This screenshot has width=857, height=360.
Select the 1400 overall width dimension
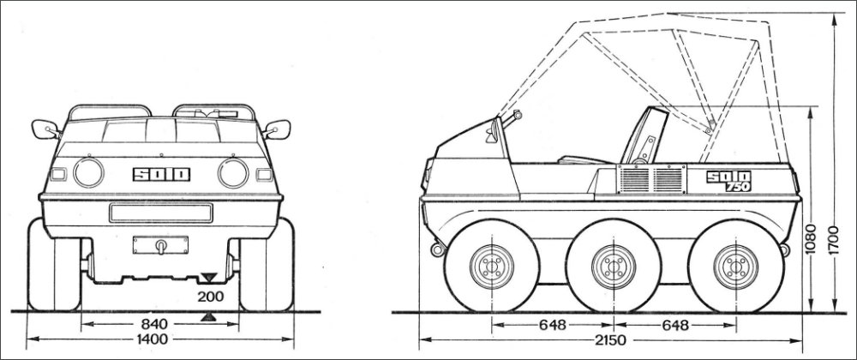[x=153, y=339]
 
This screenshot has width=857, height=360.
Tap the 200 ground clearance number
[x=211, y=297]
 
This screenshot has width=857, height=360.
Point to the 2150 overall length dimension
[x=610, y=339]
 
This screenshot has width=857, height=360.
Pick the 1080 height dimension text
[x=811, y=239]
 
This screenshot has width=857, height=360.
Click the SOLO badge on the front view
[x=162, y=174]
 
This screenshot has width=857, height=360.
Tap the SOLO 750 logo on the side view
[x=728, y=181]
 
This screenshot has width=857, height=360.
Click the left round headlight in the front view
[x=88, y=172]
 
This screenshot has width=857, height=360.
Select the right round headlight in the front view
[x=233, y=173]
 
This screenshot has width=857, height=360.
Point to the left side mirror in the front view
[x=45, y=129]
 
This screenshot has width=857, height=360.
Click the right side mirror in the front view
[x=278, y=129]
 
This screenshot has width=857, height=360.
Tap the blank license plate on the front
[x=161, y=213]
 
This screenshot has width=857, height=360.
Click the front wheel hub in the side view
[x=492, y=267]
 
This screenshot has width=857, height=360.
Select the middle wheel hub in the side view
[x=614, y=267]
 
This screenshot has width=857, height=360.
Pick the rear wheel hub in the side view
[x=735, y=267]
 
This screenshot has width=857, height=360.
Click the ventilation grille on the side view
[x=652, y=178]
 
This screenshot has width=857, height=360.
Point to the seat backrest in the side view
[x=645, y=135]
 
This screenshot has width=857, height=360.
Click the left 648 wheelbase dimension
[x=553, y=325]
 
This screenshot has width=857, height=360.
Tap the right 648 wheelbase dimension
[x=675, y=325]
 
